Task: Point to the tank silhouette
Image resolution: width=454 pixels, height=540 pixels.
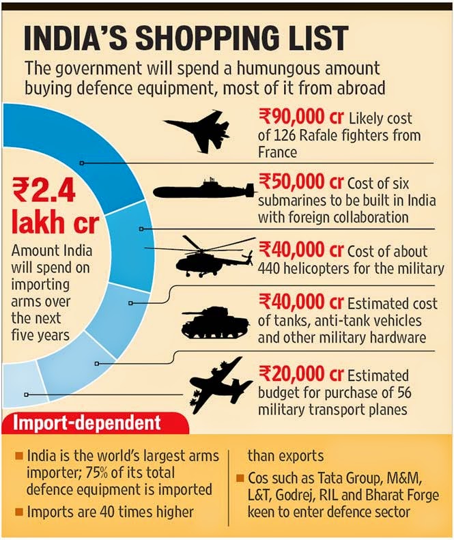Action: click(215, 322)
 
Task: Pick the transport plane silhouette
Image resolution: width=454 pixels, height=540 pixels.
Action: click(220, 386)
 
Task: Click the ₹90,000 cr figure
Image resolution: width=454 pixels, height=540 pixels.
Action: click(301, 116)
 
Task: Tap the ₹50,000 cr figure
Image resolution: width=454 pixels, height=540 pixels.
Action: click(301, 182)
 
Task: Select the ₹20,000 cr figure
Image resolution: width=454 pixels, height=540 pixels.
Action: click(301, 374)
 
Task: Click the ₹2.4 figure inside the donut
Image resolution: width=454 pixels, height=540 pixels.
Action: click(44, 190)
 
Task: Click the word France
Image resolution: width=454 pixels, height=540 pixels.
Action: click(277, 152)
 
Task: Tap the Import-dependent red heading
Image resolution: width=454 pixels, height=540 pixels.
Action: click(87, 423)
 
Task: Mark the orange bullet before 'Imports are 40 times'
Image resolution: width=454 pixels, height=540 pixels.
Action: click(19, 512)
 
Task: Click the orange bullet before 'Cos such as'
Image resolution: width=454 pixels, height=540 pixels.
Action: click(240, 479)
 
